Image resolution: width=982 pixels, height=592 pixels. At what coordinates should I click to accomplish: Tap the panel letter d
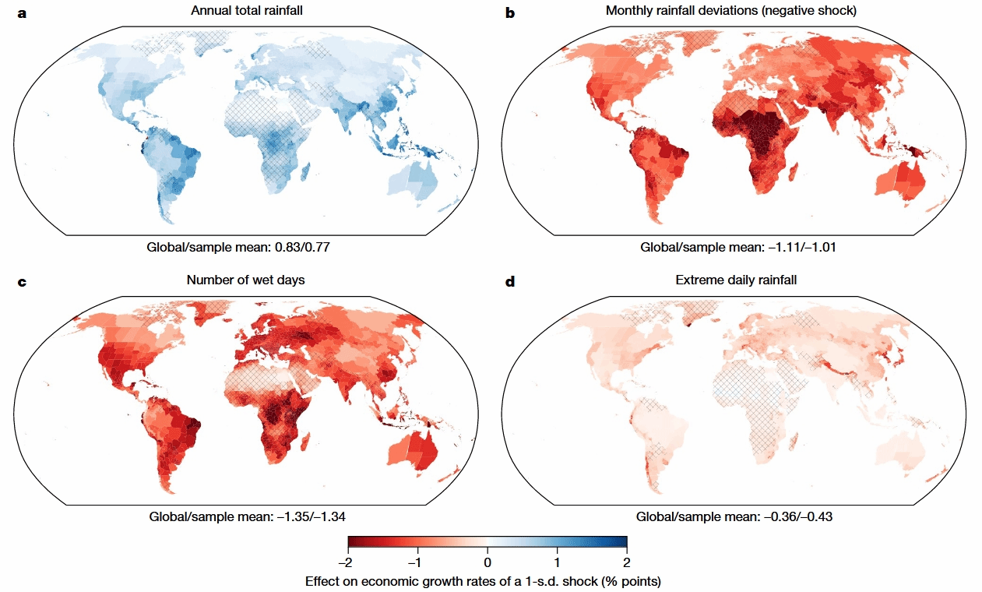(511, 281)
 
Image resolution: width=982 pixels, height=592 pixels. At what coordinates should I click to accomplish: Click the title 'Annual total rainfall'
(247, 10)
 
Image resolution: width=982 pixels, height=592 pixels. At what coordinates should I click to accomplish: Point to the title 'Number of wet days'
(247, 280)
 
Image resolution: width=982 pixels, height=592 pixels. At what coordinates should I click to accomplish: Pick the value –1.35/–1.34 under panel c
(302, 516)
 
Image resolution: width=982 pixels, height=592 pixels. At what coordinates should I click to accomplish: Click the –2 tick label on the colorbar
(347, 562)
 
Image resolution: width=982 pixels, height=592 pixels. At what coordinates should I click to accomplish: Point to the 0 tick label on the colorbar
(487, 562)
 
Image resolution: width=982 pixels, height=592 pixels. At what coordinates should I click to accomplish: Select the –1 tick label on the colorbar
(417, 562)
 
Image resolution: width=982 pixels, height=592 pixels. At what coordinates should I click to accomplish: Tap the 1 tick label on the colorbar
(558, 562)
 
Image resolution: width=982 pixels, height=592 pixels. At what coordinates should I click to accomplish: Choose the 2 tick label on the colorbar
(626, 562)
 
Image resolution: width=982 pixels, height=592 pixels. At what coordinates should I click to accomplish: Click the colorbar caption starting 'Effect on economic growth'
(487, 581)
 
